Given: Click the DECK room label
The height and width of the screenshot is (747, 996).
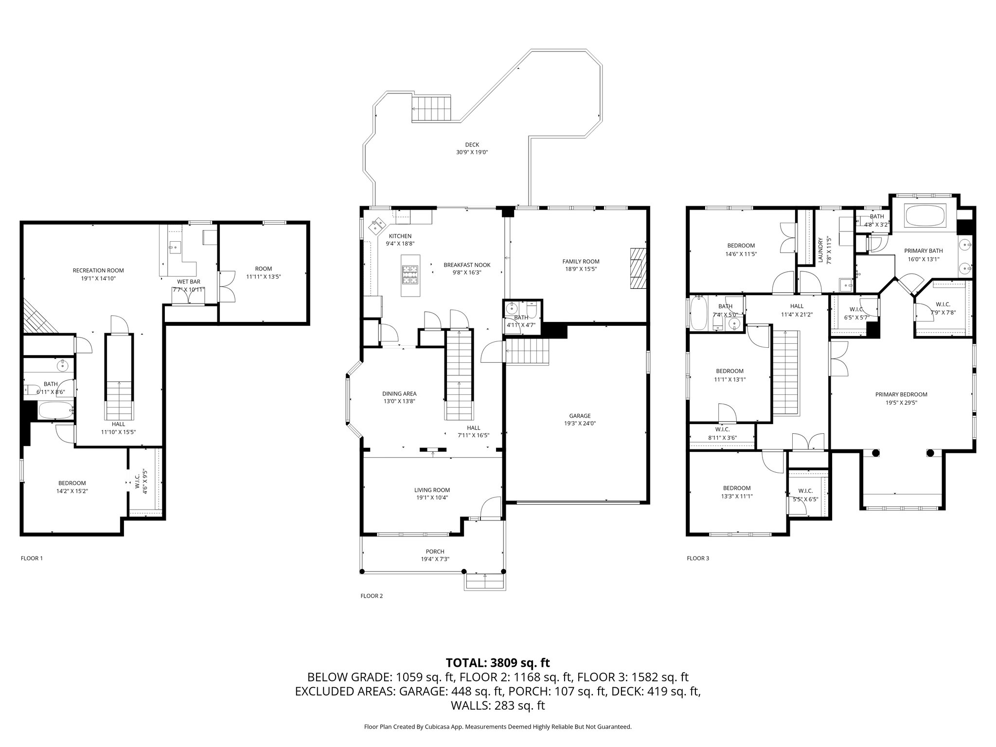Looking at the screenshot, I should click(472, 144).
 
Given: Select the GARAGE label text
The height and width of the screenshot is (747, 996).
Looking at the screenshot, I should click(580, 416).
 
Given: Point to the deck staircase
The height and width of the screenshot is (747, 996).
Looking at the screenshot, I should click(432, 108).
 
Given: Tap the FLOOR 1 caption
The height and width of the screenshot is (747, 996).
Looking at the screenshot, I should click(32, 558).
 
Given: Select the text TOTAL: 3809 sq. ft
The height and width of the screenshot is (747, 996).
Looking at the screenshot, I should click(498, 662).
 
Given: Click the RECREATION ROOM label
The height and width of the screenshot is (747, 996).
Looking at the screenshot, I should click(98, 270).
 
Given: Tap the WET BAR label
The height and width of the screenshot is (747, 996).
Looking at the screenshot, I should click(188, 282).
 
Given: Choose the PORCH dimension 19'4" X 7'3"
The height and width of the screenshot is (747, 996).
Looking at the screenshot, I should click(435, 559).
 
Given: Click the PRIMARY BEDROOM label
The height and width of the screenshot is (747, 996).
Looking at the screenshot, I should click(901, 394).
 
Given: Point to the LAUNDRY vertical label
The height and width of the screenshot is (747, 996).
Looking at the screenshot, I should click(820, 250).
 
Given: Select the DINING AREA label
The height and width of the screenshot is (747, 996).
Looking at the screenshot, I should click(399, 393).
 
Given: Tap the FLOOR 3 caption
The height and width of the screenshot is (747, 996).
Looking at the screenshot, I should click(697, 558).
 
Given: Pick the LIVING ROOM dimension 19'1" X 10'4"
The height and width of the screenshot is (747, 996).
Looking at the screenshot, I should click(432, 498).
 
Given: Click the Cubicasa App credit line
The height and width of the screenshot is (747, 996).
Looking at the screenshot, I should click(498, 727).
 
